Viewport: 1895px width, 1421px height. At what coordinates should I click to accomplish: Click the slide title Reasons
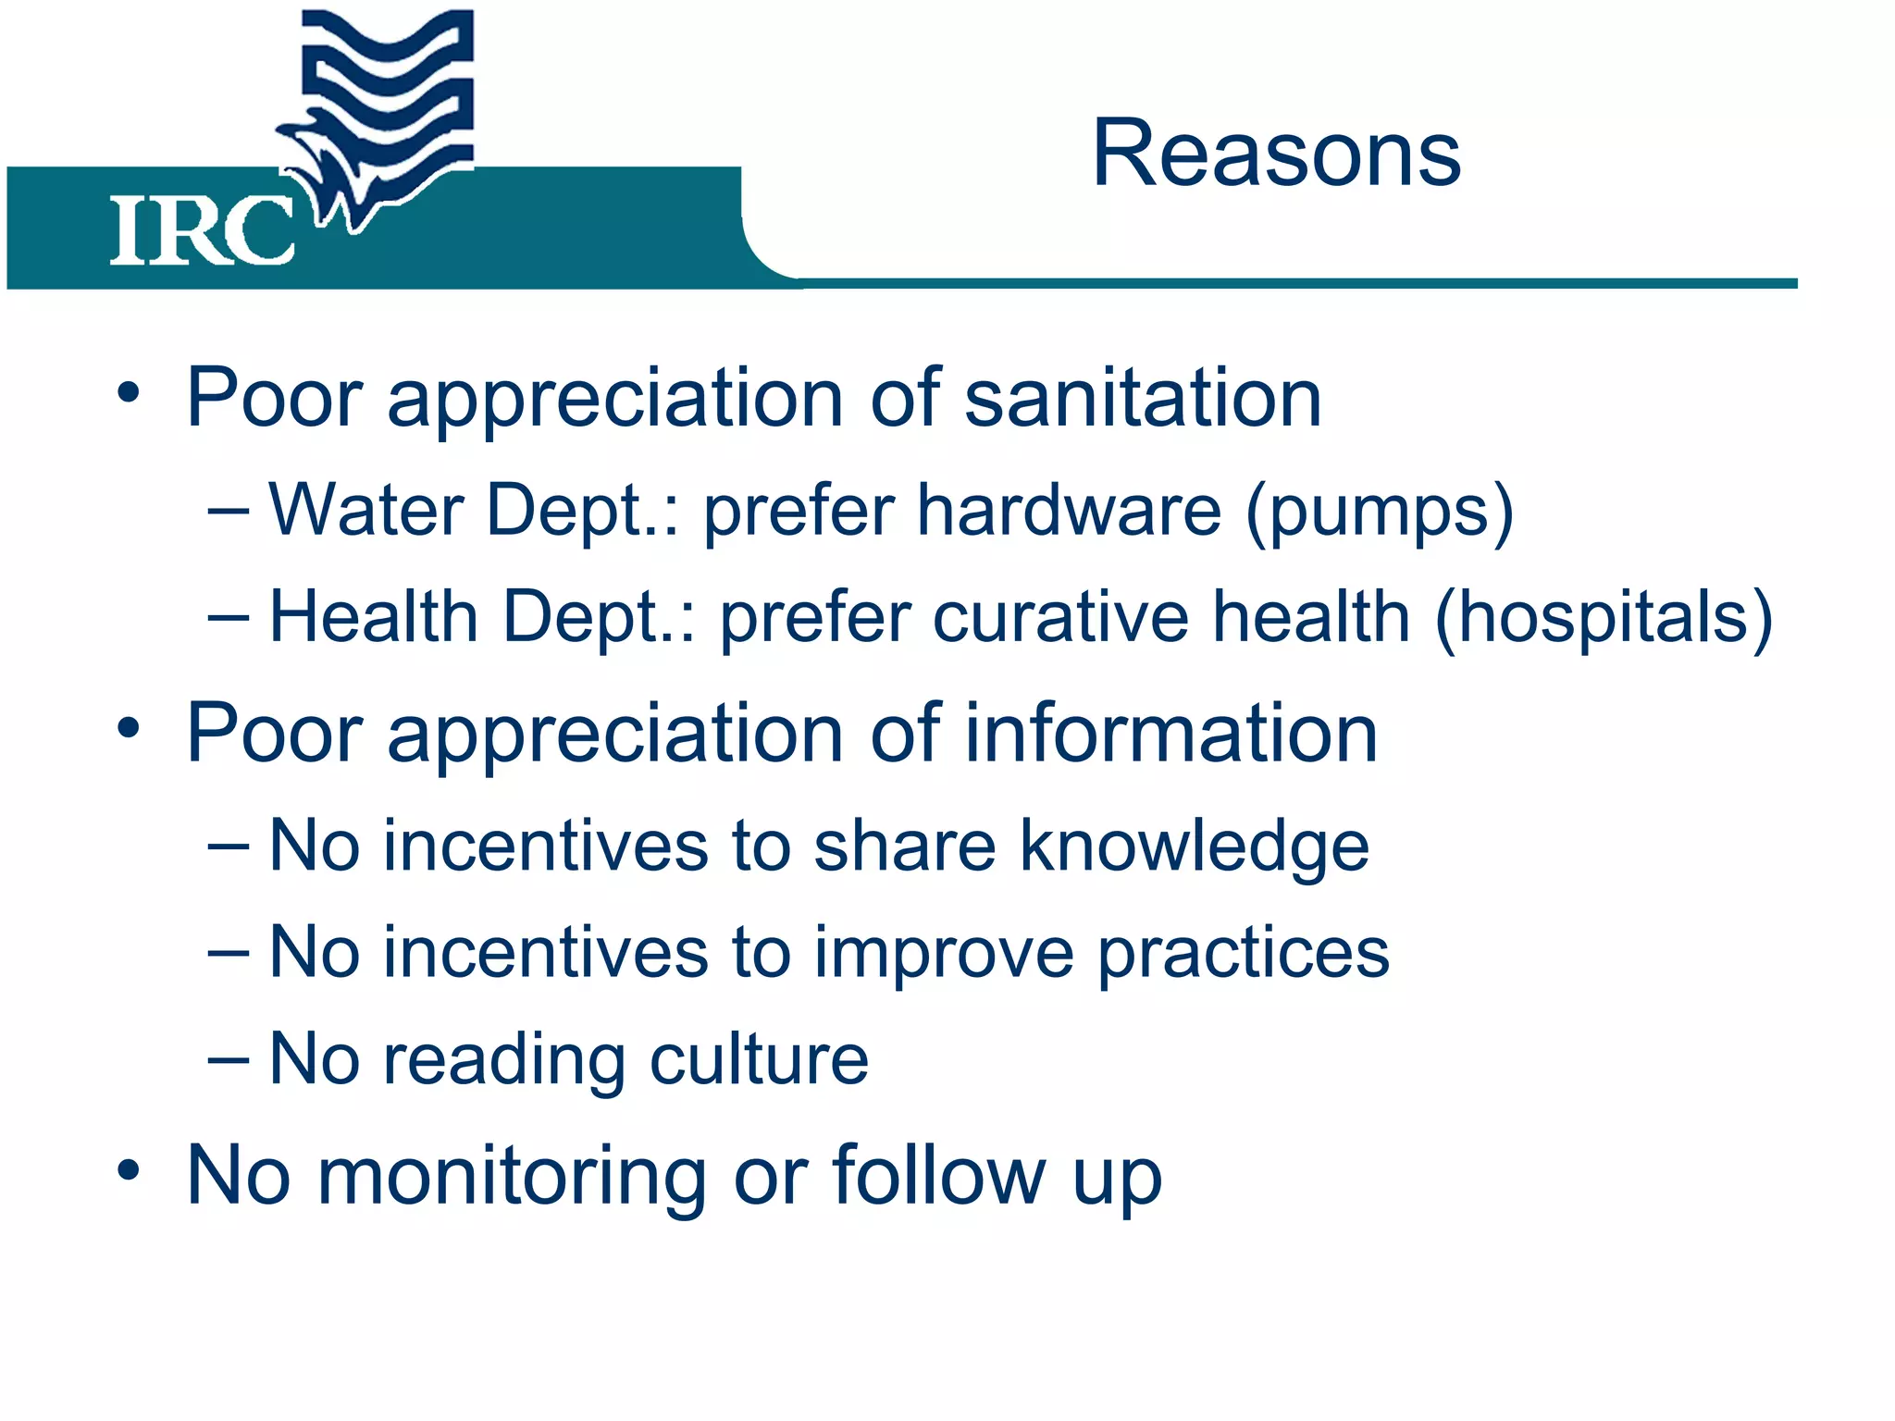click(x=1276, y=154)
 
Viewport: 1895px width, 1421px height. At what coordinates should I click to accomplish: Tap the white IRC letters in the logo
click(x=202, y=231)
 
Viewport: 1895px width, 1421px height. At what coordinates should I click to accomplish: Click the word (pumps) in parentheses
click(x=1380, y=512)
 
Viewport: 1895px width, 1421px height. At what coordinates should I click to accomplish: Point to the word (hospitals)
click(x=1604, y=618)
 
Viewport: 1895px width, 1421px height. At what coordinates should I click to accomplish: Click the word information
click(x=1170, y=733)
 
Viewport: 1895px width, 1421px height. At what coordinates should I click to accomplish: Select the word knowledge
click(x=1194, y=846)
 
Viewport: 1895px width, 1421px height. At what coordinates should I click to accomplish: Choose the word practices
click(x=1244, y=953)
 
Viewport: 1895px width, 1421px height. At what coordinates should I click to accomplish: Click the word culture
click(x=759, y=1059)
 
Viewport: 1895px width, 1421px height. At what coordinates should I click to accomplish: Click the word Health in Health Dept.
click(x=374, y=617)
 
